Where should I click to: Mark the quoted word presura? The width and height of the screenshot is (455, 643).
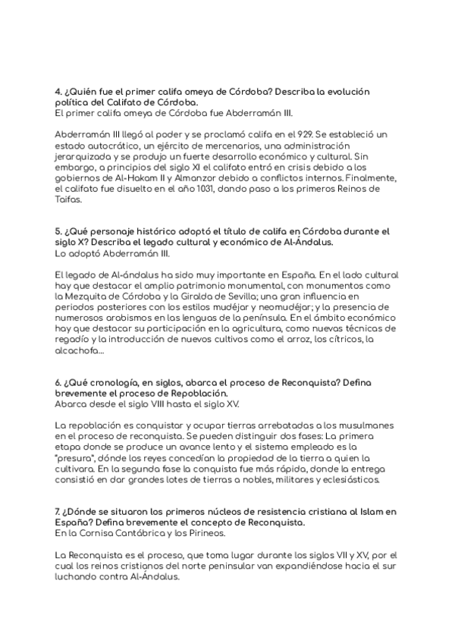pos(77,459)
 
